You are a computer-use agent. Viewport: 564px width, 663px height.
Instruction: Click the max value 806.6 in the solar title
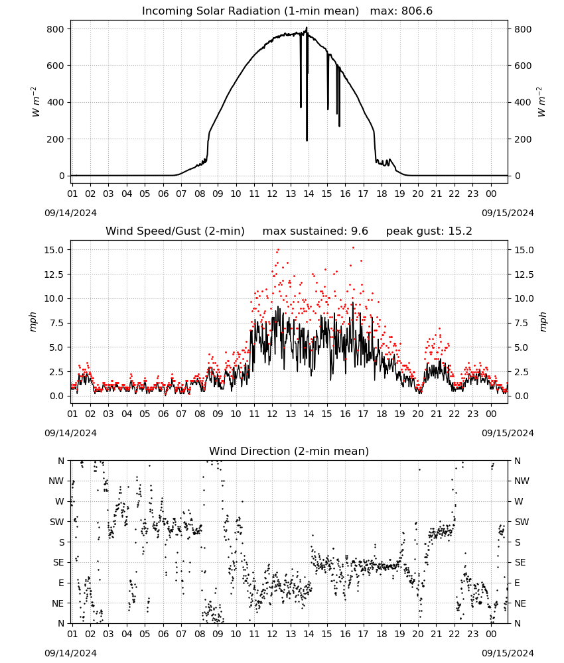pos(417,11)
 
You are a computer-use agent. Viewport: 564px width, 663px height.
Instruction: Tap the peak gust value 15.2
pos(459,231)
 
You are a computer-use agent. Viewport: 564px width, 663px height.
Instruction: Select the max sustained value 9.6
pos(360,231)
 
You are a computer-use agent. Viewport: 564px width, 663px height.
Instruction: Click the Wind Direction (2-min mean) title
pos(289,451)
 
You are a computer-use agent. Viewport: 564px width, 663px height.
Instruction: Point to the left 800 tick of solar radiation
pos(56,29)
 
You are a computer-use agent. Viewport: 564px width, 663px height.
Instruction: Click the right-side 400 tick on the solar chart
pos(523,102)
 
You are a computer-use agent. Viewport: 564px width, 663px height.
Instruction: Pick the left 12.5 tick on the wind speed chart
pos(54,274)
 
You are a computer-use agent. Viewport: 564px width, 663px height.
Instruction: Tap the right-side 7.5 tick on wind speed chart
pos(522,323)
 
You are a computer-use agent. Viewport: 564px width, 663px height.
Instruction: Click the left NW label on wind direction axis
pos(56,481)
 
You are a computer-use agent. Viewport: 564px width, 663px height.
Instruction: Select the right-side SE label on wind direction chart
pos(520,562)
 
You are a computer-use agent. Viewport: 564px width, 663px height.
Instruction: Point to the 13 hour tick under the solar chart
pos(291,194)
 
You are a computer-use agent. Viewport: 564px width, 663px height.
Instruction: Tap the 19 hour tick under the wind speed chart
pos(400,414)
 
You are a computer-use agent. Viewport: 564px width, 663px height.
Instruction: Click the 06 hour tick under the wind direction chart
pos(163,634)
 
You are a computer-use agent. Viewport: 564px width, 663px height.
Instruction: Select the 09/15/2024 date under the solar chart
pos(508,213)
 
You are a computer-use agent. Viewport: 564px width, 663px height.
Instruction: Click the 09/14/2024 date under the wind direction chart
pos(70,653)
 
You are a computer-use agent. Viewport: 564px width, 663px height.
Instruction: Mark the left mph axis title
pos(33,322)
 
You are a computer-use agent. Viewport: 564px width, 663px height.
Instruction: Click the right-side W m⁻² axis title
pos(541,102)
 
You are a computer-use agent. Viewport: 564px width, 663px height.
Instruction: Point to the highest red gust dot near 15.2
pos(353,248)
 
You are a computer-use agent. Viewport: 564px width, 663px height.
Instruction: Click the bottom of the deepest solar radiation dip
pos(307,140)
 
